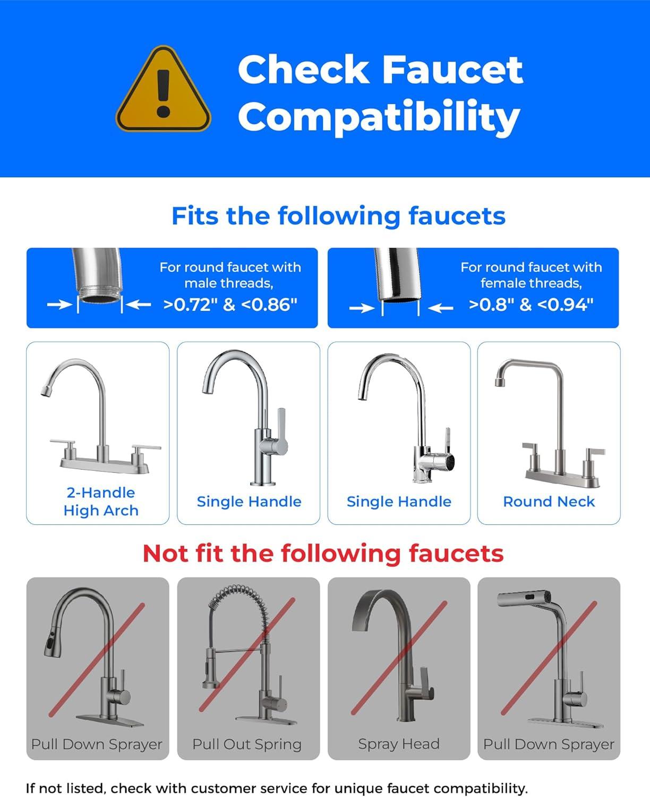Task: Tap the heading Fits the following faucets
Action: pos(338,216)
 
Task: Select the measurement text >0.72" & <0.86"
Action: pos(230,304)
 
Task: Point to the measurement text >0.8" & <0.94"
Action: pos(531,304)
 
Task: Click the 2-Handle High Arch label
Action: pos(101,502)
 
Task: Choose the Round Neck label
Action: pos(549,502)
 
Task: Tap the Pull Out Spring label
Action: pos(247,744)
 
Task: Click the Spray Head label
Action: pos(399,744)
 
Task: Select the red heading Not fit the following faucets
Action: pos(323,554)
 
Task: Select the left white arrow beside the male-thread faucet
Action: pos(59,304)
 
